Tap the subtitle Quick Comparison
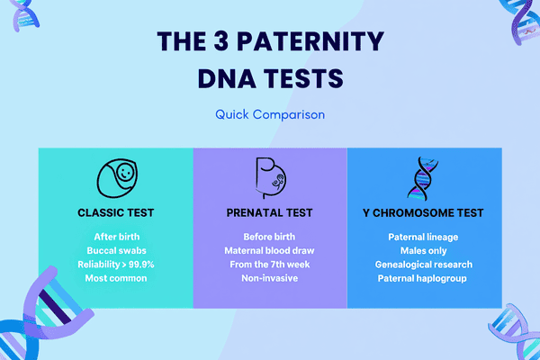pyautogui.click(x=270, y=114)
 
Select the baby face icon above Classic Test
pyautogui.click(x=115, y=177)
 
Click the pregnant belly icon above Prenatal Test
pyautogui.click(x=270, y=176)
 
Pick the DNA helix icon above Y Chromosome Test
pyautogui.click(x=424, y=176)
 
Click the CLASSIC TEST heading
pyautogui.click(x=115, y=213)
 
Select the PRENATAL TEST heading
pyautogui.click(x=270, y=213)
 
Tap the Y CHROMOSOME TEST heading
pyautogui.click(x=424, y=213)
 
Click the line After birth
pyautogui.click(x=115, y=237)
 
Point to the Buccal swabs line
pyautogui.click(x=115, y=251)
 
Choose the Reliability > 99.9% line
pyautogui.click(x=115, y=265)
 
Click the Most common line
pyautogui.click(x=115, y=279)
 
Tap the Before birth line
pyautogui.click(x=270, y=237)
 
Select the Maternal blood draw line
pyautogui.click(x=270, y=251)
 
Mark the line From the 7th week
pyautogui.click(x=270, y=265)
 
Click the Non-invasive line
pyautogui.click(x=270, y=279)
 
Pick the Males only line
pyautogui.click(x=424, y=251)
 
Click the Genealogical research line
pyautogui.click(x=424, y=265)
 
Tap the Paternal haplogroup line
pyautogui.click(x=424, y=279)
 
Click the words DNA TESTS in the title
pyautogui.click(x=270, y=78)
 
